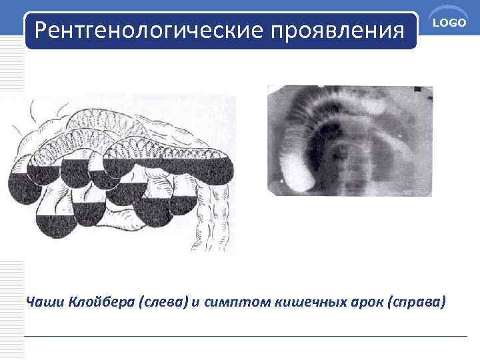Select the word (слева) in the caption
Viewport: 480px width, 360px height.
click(x=162, y=302)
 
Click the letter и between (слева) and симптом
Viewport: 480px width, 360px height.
click(x=194, y=302)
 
